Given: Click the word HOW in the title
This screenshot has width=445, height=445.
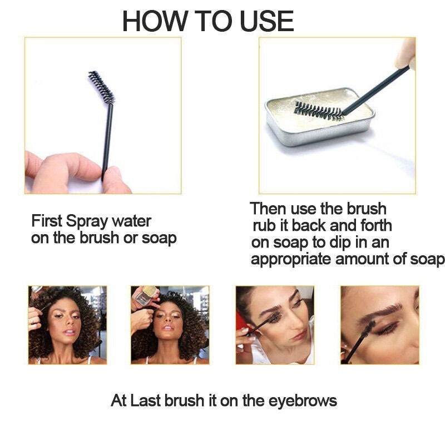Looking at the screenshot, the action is click(x=155, y=21).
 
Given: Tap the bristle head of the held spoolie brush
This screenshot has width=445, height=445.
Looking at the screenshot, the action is click(x=101, y=87).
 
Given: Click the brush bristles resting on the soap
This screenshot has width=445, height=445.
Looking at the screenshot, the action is click(x=319, y=111).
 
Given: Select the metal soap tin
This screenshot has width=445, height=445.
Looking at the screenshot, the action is click(x=320, y=116).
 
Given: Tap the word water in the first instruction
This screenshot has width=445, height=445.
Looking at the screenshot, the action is click(x=131, y=221).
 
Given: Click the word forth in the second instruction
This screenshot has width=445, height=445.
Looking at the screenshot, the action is click(x=376, y=226).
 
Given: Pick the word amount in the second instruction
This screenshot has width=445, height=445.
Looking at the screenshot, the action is click(x=363, y=259).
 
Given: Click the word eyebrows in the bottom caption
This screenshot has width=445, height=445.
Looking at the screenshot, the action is click(x=303, y=401).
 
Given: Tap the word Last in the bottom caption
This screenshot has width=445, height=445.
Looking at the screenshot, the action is click(x=146, y=400).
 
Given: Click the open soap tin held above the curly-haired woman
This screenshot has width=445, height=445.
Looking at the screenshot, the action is click(x=145, y=295).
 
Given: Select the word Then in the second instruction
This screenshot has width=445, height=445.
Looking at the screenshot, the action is click(x=268, y=209).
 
